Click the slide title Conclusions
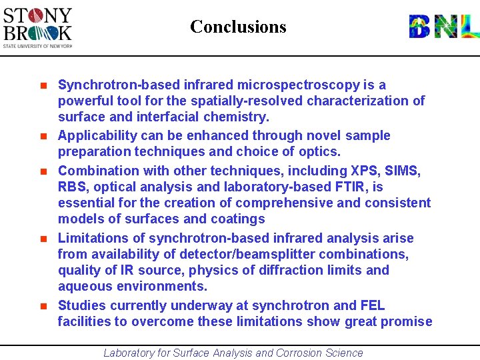click(x=238, y=27)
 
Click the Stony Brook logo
click(x=37, y=27)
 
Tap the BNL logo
click(x=443, y=27)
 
